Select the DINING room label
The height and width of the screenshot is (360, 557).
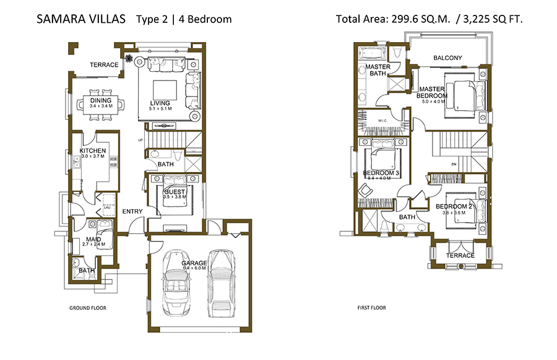[101, 101]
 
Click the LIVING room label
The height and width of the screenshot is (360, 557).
[160, 103]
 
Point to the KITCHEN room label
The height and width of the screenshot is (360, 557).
[92, 151]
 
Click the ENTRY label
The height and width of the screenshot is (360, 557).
[132, 212]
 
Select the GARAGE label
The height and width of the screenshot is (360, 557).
[194, 263]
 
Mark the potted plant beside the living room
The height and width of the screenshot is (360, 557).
[129, 59]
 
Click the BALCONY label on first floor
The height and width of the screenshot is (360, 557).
[447, 58]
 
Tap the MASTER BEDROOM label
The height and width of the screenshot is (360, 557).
[431, 92]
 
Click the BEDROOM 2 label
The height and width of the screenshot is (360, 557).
[454, 207]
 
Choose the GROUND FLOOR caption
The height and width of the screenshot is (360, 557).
[86, 307]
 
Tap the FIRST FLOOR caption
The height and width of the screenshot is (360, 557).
[372, 307]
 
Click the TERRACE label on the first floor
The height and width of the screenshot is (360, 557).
[460, 255]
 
